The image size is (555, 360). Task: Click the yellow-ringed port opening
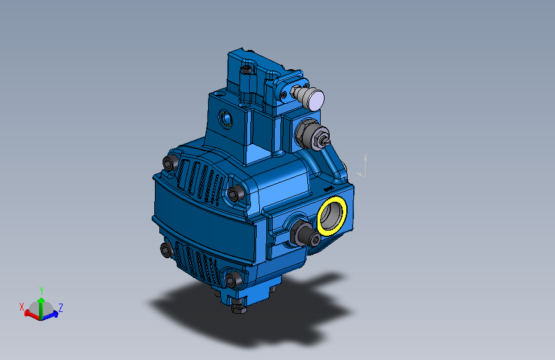point(332,215)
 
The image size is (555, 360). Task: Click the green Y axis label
point(41,290)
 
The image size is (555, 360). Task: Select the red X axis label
point(22,306)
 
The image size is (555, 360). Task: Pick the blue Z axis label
point(60,307)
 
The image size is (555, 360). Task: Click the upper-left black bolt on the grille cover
point(170,162)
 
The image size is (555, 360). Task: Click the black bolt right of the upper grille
point(235,193)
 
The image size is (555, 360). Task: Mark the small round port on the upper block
point(227,119)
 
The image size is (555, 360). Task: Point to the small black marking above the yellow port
point(328,189)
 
